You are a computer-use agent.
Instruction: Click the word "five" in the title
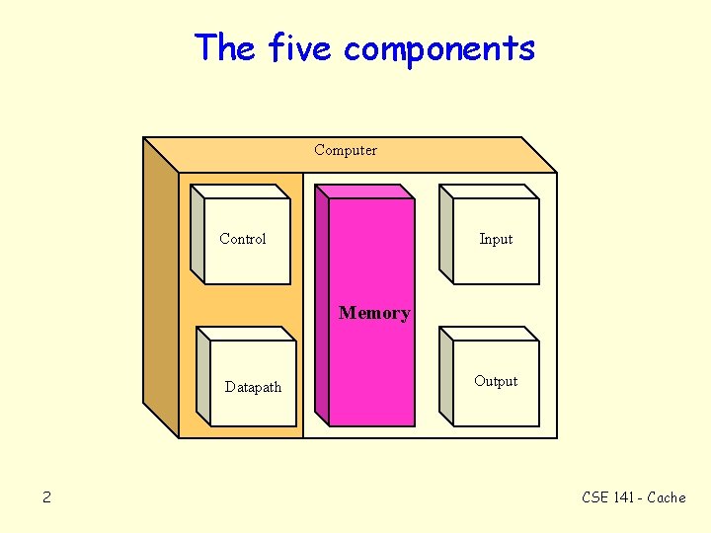pos(301,47)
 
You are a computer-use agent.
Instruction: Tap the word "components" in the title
pos(439,49)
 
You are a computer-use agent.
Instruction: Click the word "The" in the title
pos(225,47)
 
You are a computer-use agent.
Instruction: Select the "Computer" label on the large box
pos(346,150)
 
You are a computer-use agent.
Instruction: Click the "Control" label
pos(243,239)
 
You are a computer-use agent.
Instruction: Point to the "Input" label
pos(496,239)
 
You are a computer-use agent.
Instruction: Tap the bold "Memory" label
pos(374,313)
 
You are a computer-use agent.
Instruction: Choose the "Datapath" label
pos(253,387)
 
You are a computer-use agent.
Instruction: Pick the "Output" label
pos(496,381)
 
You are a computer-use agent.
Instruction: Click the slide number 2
pos(46,497)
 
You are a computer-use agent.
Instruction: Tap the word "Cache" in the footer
pos(667,497)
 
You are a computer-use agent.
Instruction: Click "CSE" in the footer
pos(596,497)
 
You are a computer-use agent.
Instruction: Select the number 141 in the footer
pos(624,497)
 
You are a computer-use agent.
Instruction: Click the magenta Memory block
pos(371,375)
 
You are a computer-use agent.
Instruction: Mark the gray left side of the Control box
pos(197,237)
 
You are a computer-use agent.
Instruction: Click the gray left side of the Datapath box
pos(203,380)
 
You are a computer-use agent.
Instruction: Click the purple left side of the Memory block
pos(322,306)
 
